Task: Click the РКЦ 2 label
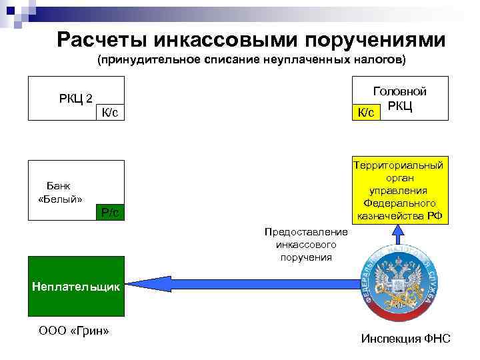75,99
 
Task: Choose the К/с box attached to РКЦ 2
110,113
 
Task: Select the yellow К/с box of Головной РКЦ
365,112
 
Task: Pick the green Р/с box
110,211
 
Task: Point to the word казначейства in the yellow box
399,215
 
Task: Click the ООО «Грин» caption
74,331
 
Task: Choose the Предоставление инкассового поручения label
306,244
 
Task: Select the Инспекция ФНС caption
405,339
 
